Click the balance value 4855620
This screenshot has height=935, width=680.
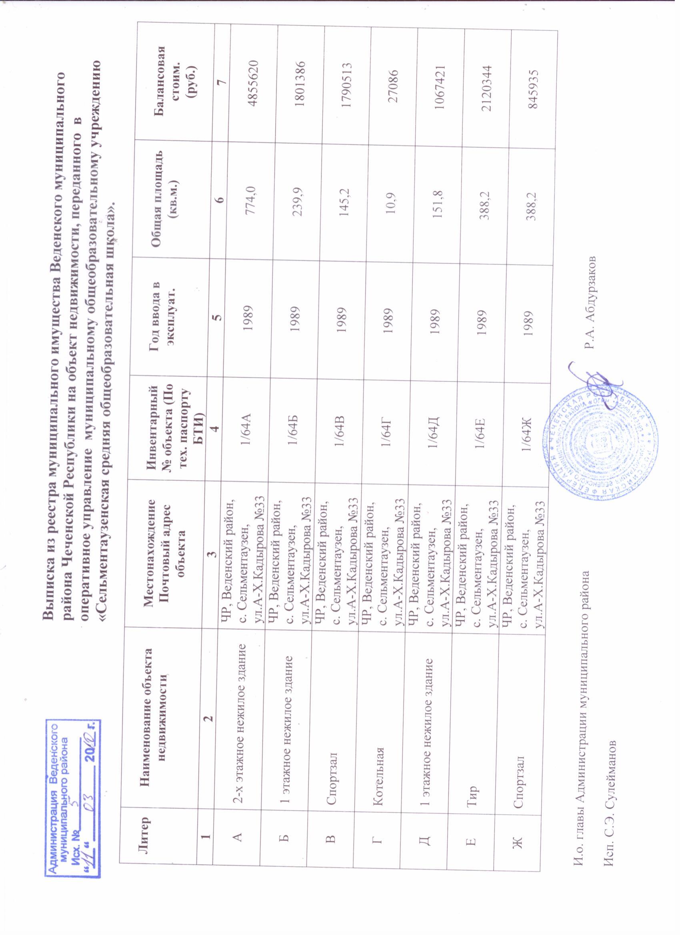pos(242,80)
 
